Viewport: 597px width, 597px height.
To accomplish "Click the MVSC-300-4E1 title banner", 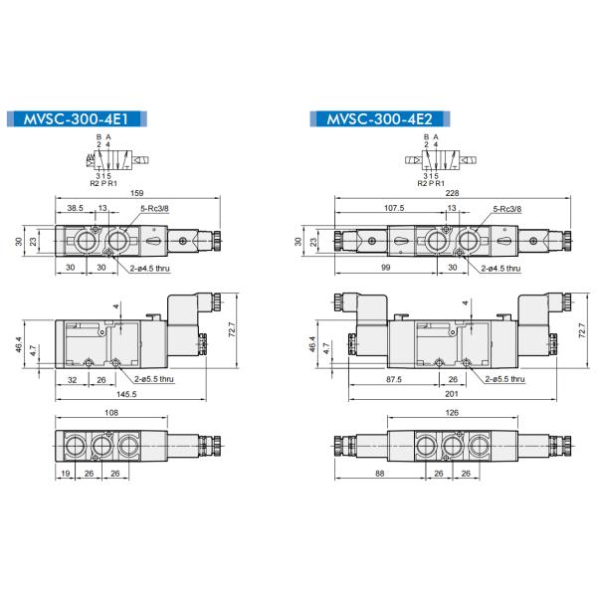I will click(x=80, y=120).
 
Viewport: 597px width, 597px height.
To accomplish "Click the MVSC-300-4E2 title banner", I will click(x=377, y=120).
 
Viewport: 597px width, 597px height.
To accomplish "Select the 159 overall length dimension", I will click(x=136, y=193).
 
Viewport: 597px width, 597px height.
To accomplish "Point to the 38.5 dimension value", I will click(x=75, y=209).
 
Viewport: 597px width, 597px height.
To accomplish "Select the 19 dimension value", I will click(x=65, y=475).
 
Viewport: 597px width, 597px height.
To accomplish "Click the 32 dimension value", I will click(x=72, y=379).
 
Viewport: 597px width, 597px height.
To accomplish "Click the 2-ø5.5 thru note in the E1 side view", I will click(x=153, y=379).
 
